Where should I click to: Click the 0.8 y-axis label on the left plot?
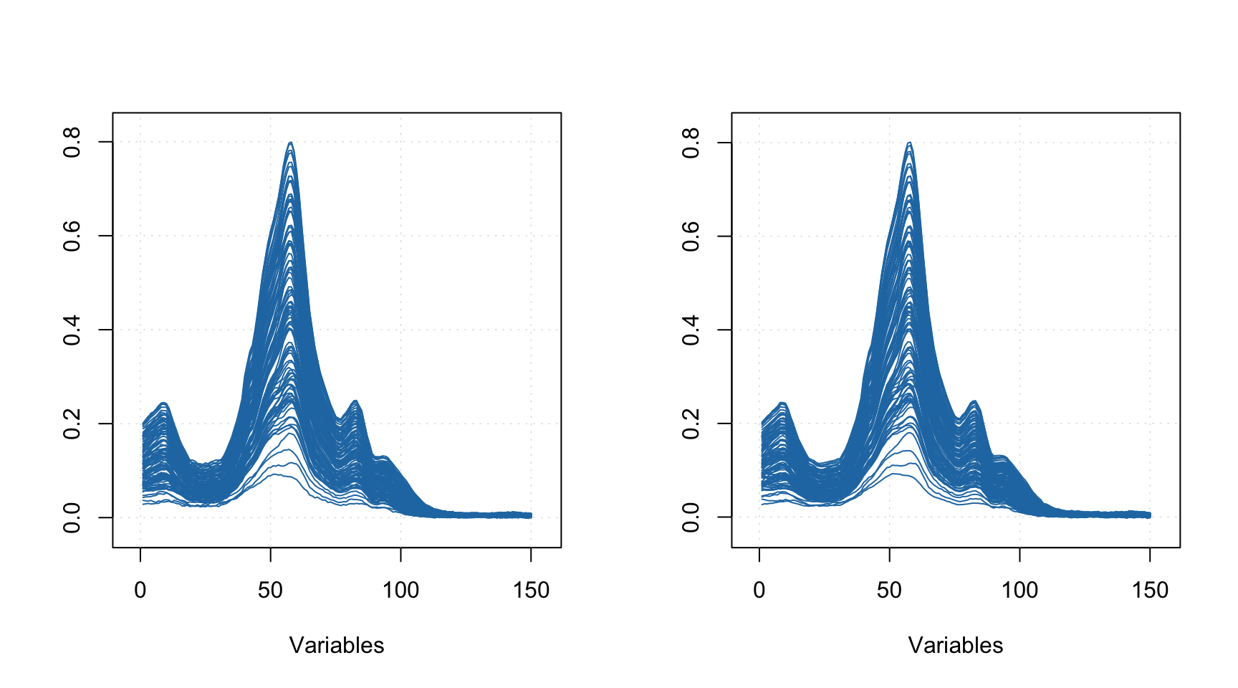pos(72,142)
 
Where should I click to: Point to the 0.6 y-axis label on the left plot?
pos(72,236)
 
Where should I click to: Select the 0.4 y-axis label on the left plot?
pos(72,330)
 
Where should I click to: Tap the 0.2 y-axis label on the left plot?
pos(72,424)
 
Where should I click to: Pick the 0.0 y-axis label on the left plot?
pos(72,517)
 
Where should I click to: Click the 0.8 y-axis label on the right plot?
pos(691,142)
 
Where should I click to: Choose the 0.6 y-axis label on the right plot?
pos(691,236)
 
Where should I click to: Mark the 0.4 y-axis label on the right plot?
pos(691,330)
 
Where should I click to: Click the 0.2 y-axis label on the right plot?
pos(691,424)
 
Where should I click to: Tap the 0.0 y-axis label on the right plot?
pos(691,517)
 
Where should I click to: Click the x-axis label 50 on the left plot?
pos(271,591)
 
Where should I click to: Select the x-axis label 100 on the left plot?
pos(400,591)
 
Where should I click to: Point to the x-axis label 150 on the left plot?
pos(531,591)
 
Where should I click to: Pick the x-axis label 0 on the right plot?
pos(759,591)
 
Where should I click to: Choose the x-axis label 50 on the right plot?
pos(890,591)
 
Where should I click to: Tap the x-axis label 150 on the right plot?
pos(1150,591)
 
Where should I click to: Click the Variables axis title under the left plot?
pos(337,646)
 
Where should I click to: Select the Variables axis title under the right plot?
pos(956,646)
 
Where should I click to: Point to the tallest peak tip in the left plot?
pos(290,143)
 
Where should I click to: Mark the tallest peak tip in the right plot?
pos(909,143)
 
